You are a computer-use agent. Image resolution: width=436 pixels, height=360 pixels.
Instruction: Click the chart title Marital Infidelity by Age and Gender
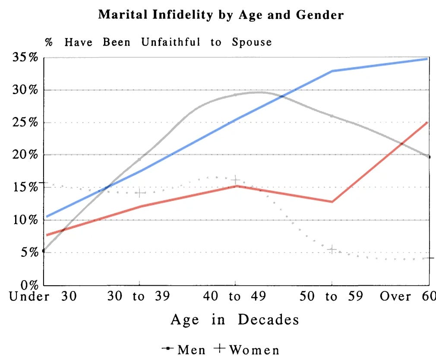[x=221, y=15]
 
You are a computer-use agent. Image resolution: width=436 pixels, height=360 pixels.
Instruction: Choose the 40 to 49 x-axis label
[x=235, y=297]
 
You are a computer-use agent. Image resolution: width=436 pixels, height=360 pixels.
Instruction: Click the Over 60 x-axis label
[x=408, y=297]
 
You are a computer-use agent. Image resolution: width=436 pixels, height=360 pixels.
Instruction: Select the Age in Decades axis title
[x=235, y=320]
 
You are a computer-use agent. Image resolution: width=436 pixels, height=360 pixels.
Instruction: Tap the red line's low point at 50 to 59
[x=332, y=202]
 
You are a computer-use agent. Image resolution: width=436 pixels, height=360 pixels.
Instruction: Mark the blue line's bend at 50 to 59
[x=332, y=71]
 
